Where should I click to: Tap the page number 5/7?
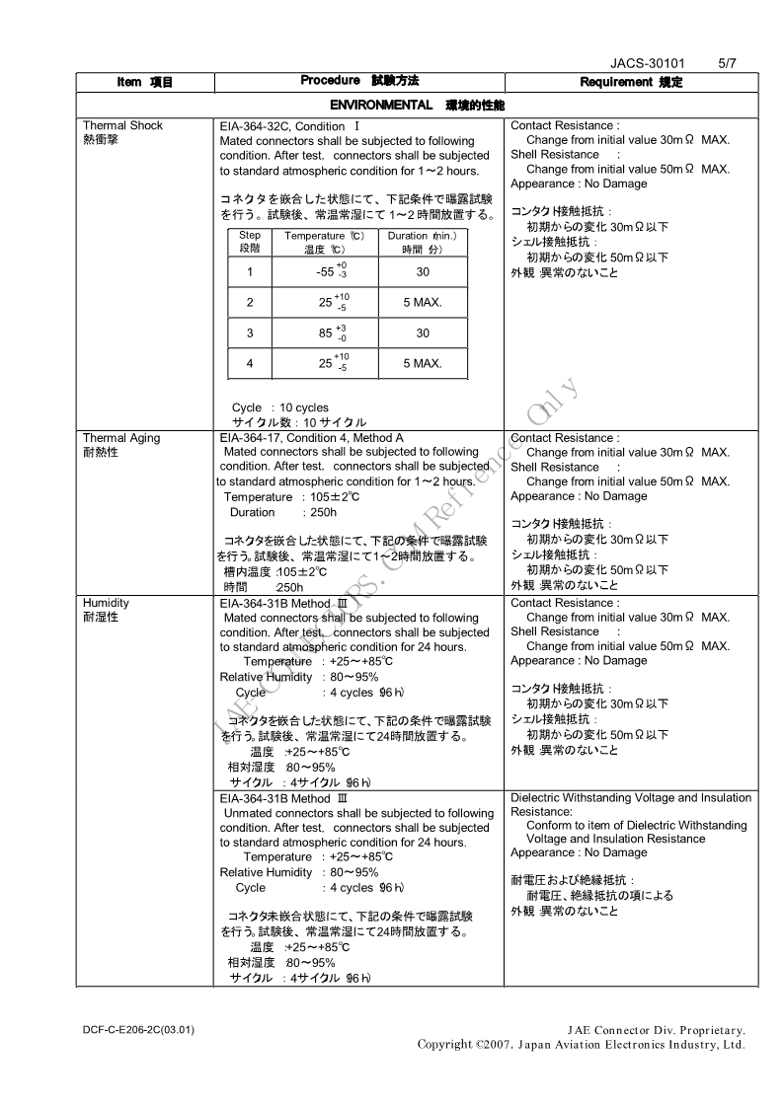pos(727,63)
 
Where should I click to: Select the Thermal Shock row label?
pos(122,125)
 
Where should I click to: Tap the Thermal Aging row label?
pos(120,438)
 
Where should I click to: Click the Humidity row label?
pos(106,603)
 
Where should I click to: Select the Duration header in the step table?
pos(422,236)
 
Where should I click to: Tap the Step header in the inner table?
pos(250,236)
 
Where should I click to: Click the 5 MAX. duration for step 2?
pos(422,303)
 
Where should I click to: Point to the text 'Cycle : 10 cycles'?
pos(280,407)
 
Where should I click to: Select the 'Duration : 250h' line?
pos(282,512)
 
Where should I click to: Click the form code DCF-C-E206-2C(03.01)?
pos(138,1030)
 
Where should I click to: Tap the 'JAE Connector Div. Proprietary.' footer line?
pos(657,1030)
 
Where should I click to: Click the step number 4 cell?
pos(250,364)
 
